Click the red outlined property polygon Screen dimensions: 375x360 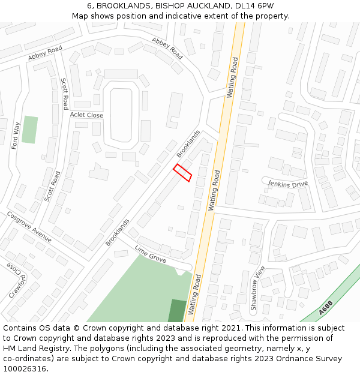[182, 173]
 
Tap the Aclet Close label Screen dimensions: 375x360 [86, 115]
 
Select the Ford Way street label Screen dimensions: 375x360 [16, 136]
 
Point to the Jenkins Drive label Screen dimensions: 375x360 [287, 184]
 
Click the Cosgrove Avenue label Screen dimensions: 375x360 [29, 226]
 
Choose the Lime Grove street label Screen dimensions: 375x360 [150, 254]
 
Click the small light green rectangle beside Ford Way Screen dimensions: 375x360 [29, 130]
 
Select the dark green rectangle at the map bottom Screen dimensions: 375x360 [177, 311]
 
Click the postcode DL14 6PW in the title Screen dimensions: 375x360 [254, 5]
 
